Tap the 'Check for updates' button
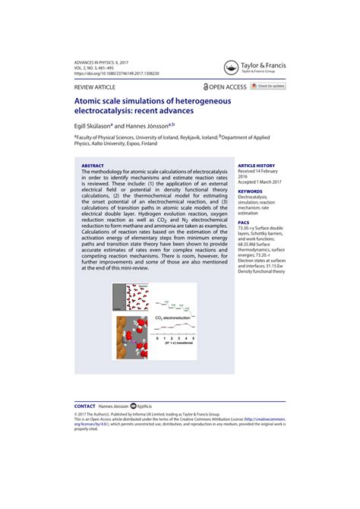(x=270, y=87)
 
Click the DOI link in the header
(x=116, y=73)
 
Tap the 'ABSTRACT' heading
(x=93, y=165)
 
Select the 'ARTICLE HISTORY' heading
(x=256, y=165)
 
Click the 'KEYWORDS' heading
(x=250, y=190)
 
